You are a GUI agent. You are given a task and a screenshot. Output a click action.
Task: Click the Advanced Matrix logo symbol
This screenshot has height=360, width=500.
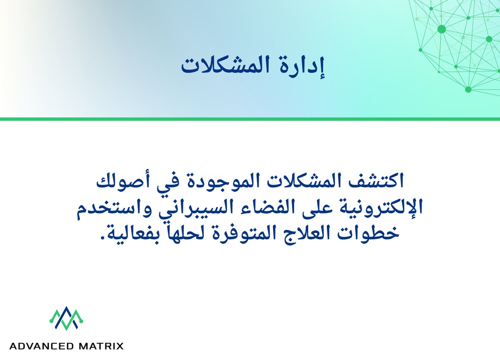67,319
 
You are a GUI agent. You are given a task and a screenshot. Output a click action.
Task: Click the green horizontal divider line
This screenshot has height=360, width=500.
250,119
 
